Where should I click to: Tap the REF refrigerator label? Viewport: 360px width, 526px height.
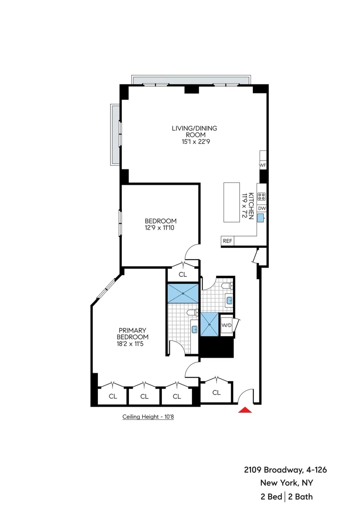click(x=227, y=241)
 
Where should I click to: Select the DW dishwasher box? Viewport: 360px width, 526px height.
click(x=262, y=208)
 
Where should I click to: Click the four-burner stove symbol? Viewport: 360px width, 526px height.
click(x=262, y=197)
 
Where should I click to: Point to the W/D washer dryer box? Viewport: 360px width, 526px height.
click(x=226, y=325)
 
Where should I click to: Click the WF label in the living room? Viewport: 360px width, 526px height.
click(x=263, y=165)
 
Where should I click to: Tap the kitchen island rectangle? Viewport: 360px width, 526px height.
click(x=232, y=202)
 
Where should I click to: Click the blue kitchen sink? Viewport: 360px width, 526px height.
click(x=261, y=217)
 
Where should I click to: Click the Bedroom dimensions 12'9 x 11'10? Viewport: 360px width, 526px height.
click(x=159, y=228)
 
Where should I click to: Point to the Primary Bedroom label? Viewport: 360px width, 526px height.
click(x=132, y=333)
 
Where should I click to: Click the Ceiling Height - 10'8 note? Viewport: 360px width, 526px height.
click(x=148, y=417)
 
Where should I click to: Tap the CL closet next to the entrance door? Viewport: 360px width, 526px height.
click(x=216, y=393)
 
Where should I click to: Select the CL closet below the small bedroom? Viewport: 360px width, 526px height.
click(x=183, y=274)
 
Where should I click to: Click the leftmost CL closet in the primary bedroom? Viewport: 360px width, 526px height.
click(x=113, y=396)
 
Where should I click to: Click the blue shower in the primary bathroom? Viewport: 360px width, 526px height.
click(x=183, y=293)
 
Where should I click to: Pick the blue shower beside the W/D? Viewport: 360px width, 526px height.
click(x=209, y=324)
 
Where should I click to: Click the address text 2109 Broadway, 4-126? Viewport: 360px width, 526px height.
click(x=285, y=470)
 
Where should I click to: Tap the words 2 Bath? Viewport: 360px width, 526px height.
click(x=300, y=497)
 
